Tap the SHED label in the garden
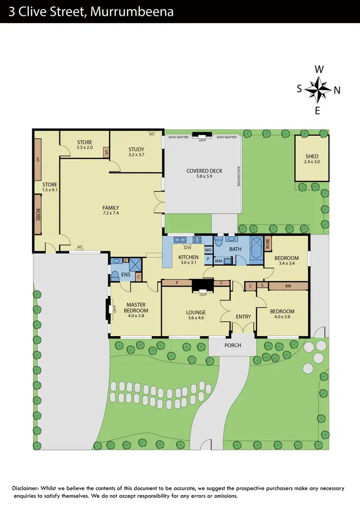click(312, 157)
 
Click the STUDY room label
click(136, 149)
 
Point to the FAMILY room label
click(110, 208)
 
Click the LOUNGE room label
click(196, 312)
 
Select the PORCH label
click(233, 345)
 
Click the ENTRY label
click(243, 316)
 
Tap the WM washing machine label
click(218, 261)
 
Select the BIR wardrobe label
click(288, 286)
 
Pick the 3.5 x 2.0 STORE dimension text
click(84, 147)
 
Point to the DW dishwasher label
click(188, 248)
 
